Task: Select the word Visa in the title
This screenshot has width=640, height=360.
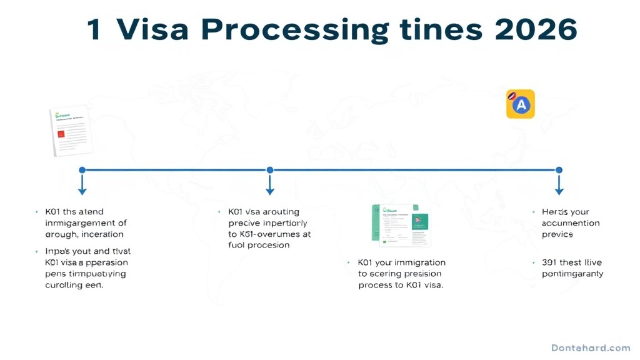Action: [x=150, y=30]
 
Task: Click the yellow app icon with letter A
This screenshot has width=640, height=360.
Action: [x=520, y=104]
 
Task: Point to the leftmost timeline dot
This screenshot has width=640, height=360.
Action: [x=82, y=169]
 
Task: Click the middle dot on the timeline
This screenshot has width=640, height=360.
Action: [x=270, y=169]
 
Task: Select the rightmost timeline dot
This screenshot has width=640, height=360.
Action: [x=559, y=169]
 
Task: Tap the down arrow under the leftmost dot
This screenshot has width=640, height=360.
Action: [x=82, y=186]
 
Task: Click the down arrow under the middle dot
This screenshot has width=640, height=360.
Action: [x=270, y=186]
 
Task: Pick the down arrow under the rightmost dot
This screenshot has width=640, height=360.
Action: [x=559, y=186]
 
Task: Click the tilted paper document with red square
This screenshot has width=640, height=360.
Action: [x=71, y=131]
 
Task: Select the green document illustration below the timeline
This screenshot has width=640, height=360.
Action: [x=399, y=224]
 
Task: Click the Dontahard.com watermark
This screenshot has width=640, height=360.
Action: [x=591, y=347]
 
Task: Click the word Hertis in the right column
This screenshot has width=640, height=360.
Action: [x=556, y=212]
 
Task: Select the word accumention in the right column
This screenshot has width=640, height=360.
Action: [x=571, y=223]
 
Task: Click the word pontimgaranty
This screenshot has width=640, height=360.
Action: [x=572, y=274]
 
